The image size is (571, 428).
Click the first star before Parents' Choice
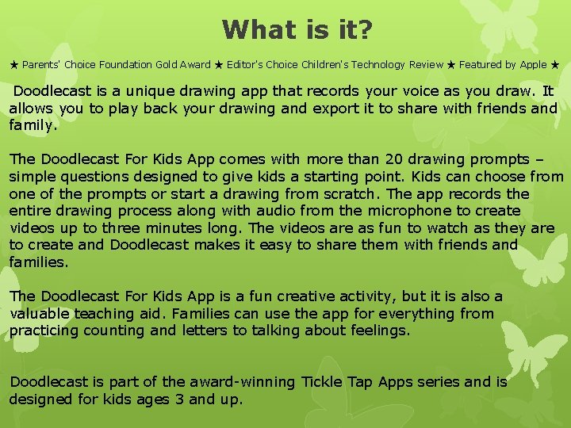(x=14, y=65)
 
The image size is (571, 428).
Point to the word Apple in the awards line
(x=531, y=65)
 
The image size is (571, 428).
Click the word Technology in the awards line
(x=370, y=65)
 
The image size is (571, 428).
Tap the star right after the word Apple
(x=555, y=65)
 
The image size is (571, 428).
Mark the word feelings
(x=381, y=331)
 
